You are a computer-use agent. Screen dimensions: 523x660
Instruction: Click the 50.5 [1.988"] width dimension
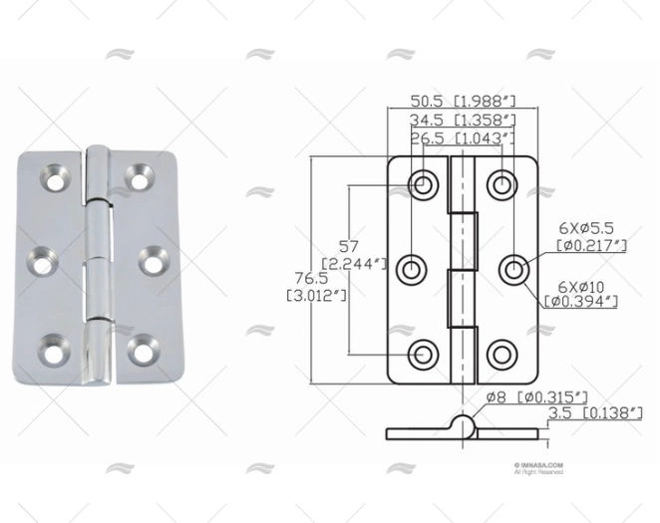point(463,101)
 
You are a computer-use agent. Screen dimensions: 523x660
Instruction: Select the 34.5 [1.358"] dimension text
point(463,120)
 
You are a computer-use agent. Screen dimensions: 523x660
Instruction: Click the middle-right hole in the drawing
point(512,268)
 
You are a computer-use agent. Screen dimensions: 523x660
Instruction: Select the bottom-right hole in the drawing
point(503,354)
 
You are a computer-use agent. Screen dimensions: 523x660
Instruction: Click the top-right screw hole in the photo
point(139,180)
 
